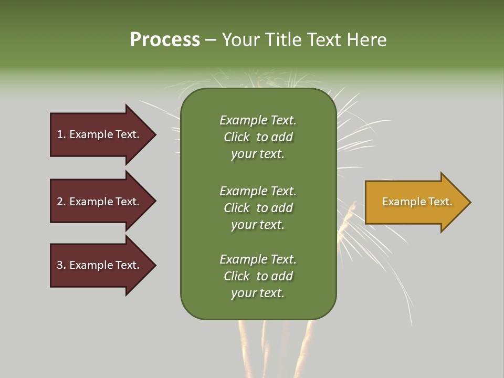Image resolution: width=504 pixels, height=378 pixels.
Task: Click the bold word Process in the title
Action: [165, 40]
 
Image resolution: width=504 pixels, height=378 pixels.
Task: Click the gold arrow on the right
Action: [415, 202]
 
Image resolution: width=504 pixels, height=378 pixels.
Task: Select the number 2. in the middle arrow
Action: [61, 202]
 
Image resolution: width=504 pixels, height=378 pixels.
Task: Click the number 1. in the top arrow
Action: [61, 134]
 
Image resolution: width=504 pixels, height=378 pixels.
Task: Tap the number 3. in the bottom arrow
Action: [61, 265]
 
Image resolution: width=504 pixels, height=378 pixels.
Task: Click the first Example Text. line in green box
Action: [258, 120]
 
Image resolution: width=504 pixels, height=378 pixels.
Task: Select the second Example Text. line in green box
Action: [258, 191]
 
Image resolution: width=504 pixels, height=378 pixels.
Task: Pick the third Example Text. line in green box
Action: [258, 259]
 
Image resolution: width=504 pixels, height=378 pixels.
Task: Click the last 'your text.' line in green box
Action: [258, 293]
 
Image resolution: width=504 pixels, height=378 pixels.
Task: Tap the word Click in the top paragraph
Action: [236, 137]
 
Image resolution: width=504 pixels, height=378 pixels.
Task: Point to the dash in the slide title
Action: [211, 40]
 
